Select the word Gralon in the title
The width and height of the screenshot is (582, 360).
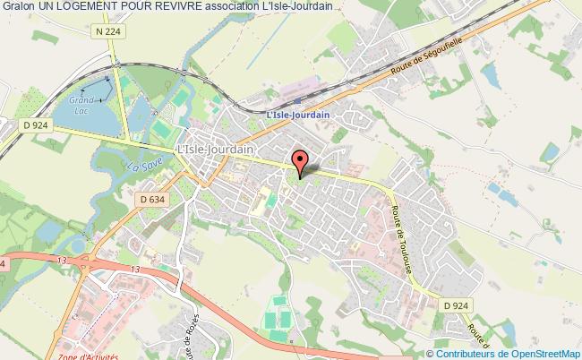point(17,8)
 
